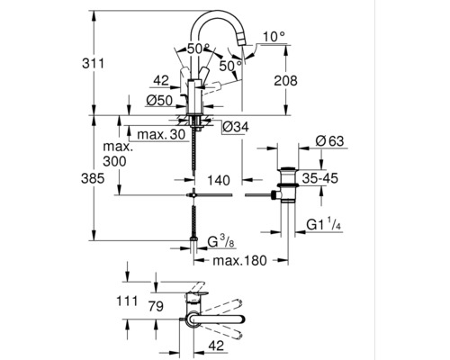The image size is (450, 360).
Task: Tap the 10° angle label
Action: point(274,36)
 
